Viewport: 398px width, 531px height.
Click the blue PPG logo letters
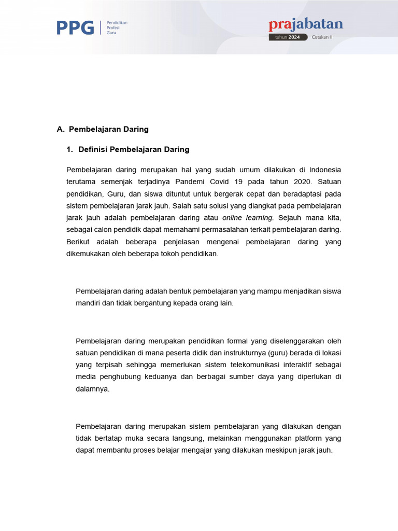[75, 27]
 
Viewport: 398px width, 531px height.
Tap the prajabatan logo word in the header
[306, 25]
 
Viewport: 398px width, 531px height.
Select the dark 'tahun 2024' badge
[288, 37]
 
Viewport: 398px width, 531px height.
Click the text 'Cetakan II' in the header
[322, 37]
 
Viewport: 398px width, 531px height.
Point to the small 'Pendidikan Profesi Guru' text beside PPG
[117, 27]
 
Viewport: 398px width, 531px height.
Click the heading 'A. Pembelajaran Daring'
[103, 129]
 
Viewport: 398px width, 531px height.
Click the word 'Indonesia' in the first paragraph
[325, 170]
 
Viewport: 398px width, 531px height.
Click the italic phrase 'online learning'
[247, 218]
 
